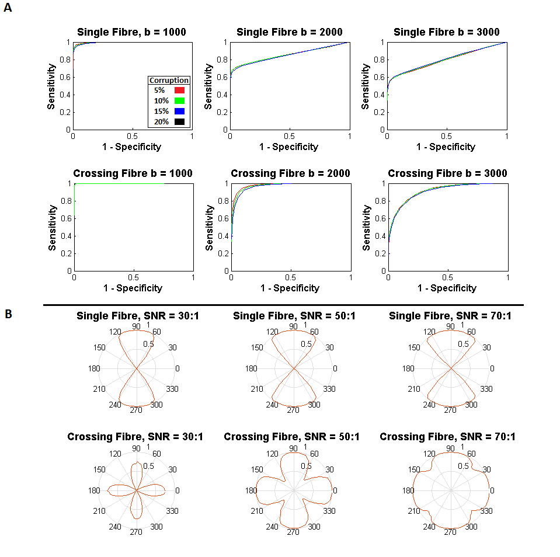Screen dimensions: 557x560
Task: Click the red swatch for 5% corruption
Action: click(x=180, y=90)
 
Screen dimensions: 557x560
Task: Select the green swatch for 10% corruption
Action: click(x=180, y=100)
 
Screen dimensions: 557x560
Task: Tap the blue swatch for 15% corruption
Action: click(x=180, y=111)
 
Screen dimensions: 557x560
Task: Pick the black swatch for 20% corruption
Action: click(x=180, y=121)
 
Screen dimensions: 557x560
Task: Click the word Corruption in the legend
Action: click(x=169, y=81)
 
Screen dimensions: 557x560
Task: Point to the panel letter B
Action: click(x=8, y=314)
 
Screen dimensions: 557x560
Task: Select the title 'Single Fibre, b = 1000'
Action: click(x=131, y=32)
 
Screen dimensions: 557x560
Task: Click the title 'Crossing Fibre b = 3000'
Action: click(x=447, y=173)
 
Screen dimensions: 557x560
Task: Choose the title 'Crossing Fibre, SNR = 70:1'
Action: click(x=447, y=437)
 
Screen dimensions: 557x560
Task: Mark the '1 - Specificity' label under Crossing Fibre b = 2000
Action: click(x=290, y=288)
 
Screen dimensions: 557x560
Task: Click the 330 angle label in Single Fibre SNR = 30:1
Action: click(x=173, y=389)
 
